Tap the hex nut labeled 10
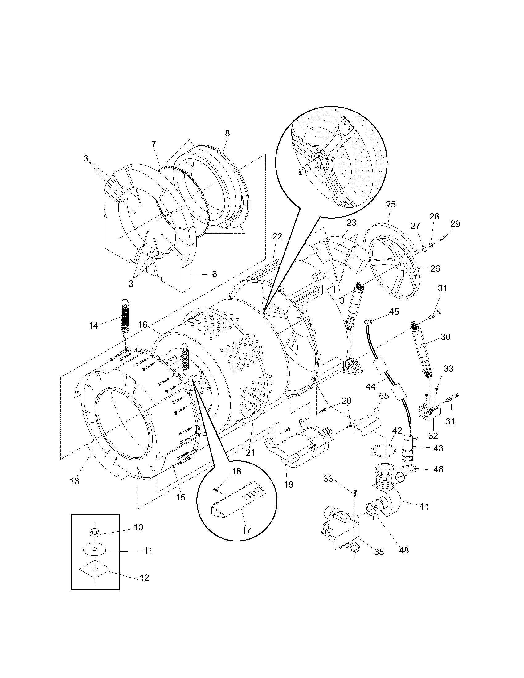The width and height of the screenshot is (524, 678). (x=94, y=534)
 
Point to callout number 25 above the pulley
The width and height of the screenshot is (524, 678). (x=391, y=205)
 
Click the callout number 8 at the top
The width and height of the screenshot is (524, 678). (x=227, y=133)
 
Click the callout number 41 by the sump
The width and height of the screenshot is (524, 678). (x=424, y=506)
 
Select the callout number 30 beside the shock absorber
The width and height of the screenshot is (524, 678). (x=445, y=337)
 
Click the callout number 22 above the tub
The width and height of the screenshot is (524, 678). (x=277, y=237)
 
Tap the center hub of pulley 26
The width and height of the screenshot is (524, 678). (x=399, y=264)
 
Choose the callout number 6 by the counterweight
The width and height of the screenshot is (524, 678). (x=214, y=274)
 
